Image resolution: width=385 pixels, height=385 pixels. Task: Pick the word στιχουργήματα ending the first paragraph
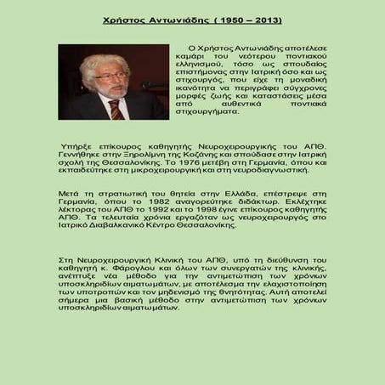point(208,133)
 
